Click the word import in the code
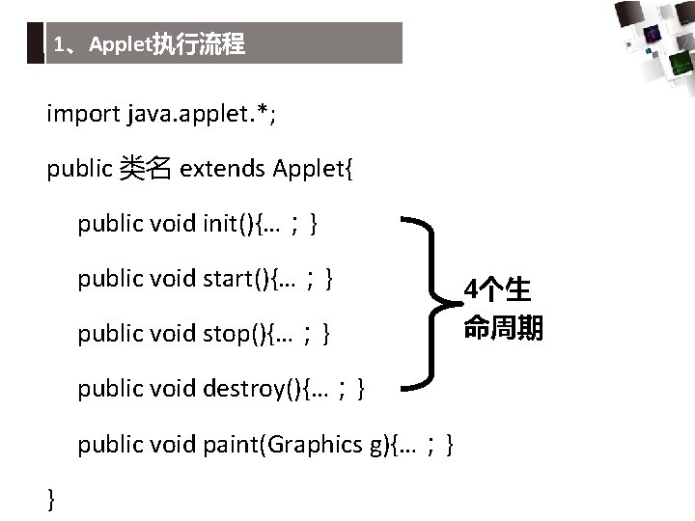click(83, 115)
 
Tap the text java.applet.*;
click(197, 115)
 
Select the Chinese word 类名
click(145, 170)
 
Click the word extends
click(222, 170)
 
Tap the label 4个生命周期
click(502, 309)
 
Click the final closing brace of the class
click(51, 498)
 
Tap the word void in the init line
click(174, 225)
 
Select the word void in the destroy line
click(174, 389)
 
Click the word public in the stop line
click(110, 334)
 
